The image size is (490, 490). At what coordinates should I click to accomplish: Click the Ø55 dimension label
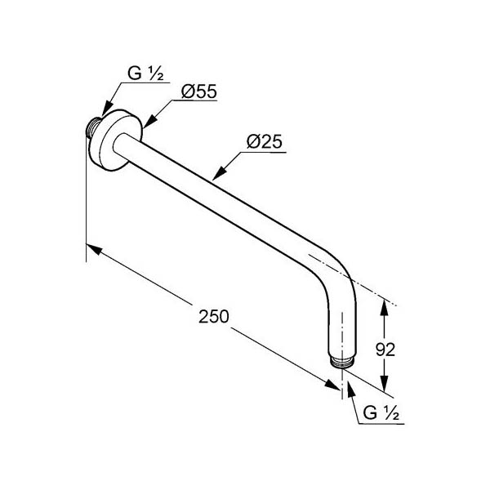pyautogui.click(x=199, y=91)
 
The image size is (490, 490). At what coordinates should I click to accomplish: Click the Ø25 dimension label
pyautogui.click(x=265, y=141)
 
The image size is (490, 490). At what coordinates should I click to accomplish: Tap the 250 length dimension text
pyautogui.click(x=214, y=316)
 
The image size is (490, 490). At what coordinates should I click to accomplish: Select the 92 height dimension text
pyautogui.click(x=385, y=350)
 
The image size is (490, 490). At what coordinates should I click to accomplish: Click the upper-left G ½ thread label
pyautogui.click(x=145, y=73)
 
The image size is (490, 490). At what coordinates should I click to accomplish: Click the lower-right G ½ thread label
pyautogui.click(x=381, y=413)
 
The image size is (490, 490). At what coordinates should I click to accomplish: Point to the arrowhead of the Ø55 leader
pyautogui.click(x=149, y=121)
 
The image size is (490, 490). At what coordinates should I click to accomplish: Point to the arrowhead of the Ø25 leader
pyautogui.click(x=219, y=173)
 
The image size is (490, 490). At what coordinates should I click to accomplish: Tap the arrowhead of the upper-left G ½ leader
pyautogui.click(x=107, y=109)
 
